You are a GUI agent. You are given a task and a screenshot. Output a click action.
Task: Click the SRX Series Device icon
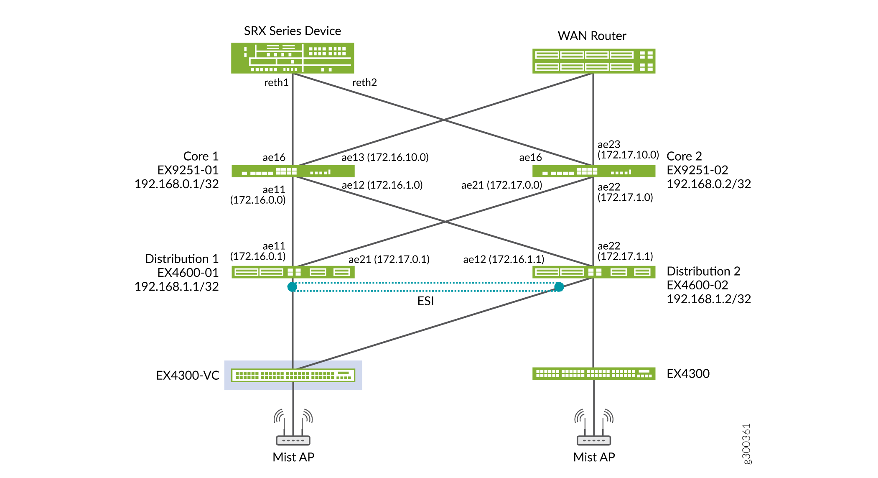(x=293, y=58)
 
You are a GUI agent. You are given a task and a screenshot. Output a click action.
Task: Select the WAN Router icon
(x=593, y=61)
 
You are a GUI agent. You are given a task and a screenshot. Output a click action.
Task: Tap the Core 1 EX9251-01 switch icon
(x=293, y=171)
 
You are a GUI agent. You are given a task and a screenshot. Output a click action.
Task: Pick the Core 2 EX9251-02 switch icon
(x=593, y=171)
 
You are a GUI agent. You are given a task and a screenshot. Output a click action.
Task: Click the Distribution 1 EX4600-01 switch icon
(x=293, y=272)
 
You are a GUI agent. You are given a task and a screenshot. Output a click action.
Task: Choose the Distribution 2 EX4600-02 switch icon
(x=593, y=272)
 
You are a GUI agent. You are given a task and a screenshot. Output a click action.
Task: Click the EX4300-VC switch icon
(x=293, y=375)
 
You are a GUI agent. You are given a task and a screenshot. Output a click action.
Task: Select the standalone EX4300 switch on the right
(x=593, y=373)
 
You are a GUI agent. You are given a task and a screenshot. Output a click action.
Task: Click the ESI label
(x=425, y=301)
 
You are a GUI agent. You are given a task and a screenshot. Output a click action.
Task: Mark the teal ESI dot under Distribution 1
(x=292, y=287)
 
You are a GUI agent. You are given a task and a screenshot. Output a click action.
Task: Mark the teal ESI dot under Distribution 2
(x=559, y=287)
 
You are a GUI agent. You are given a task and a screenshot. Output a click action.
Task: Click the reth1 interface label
(x=276, y=83)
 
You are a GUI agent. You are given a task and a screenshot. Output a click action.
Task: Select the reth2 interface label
(x=364, y=83)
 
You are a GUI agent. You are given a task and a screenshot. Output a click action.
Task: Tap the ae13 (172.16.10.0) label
(x=385, y=158)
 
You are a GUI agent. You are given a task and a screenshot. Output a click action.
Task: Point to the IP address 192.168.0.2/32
(x=708, y=184)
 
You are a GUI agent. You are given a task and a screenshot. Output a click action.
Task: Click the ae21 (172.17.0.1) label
(x=389, y=260)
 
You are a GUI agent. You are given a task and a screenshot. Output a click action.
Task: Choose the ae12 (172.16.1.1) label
(x=504, y=260)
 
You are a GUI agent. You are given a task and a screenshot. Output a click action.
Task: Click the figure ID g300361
(x=746, y=444)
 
